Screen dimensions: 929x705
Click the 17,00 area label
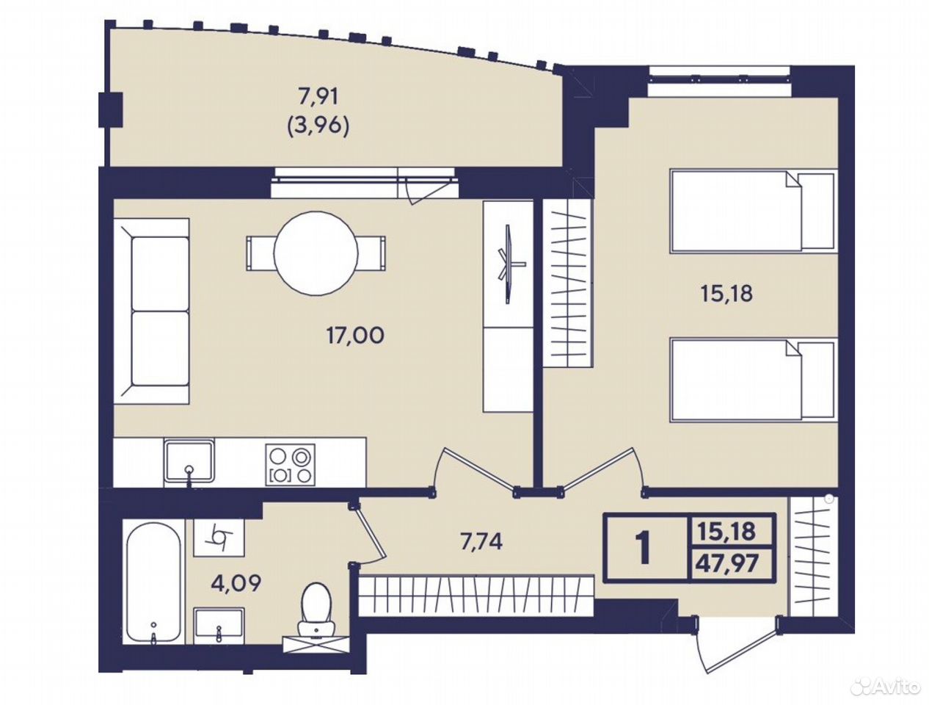pos(355,336)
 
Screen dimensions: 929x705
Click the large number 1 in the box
pos(644,549)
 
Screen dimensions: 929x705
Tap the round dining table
pos(316,253)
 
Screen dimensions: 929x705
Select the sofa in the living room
pos(151,311)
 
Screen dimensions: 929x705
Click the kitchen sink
pos(189,462)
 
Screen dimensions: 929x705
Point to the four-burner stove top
pos(291,465)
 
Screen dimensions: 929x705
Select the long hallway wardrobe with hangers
pos(476,593)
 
